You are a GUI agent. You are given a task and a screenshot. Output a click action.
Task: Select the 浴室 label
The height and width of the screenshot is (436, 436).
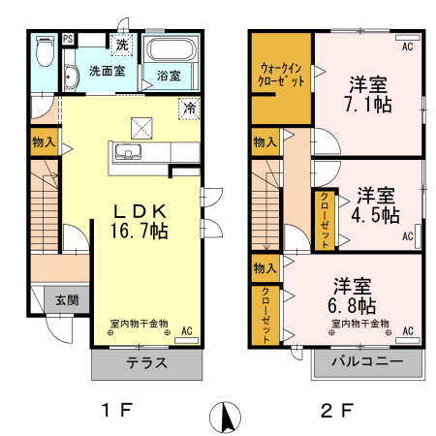point(169,73)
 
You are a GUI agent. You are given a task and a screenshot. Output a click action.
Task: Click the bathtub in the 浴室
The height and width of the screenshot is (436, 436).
point(173,49)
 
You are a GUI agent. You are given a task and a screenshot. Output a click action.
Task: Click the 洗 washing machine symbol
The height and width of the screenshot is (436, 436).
point(122,45)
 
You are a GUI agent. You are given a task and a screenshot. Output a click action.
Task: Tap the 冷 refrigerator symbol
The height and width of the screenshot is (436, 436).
point(191,109)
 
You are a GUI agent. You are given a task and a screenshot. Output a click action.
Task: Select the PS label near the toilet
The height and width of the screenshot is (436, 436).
point(68,39)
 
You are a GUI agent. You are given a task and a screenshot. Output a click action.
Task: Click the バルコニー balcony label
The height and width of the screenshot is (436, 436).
point(367,364)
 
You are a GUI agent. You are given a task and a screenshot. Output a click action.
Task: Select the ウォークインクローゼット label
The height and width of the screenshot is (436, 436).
point(282,76)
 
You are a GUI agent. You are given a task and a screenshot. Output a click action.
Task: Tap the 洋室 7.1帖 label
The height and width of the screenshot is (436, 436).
point(369,91)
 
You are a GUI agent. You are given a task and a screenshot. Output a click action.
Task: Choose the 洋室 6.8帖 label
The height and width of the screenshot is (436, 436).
point(356,295)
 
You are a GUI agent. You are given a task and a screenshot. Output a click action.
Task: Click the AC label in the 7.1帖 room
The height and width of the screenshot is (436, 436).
point(407,45)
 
